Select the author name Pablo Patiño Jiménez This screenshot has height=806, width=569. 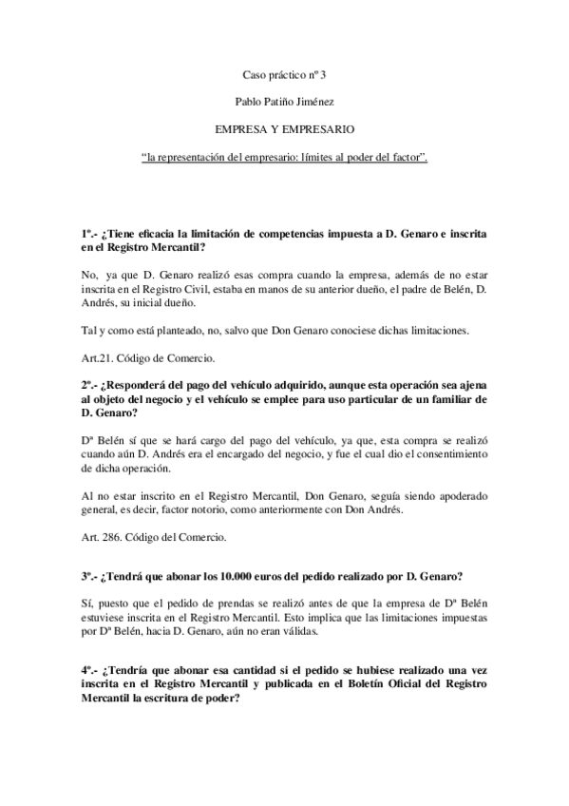coord(284,99)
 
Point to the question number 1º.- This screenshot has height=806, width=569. coord(90,234)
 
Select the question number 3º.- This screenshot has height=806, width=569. coord(90,576)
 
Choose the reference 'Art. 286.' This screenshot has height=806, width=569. coord(105,537)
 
